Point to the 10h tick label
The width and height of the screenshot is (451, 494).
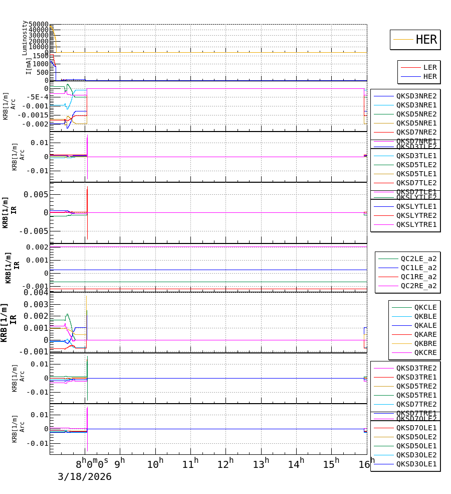point(155,464)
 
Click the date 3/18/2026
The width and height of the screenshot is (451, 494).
point(84,477)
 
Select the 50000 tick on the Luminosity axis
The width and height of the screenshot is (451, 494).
point(39,25)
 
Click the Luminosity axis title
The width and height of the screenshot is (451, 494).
point(25,38)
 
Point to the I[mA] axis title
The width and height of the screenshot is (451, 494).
point(29,66)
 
